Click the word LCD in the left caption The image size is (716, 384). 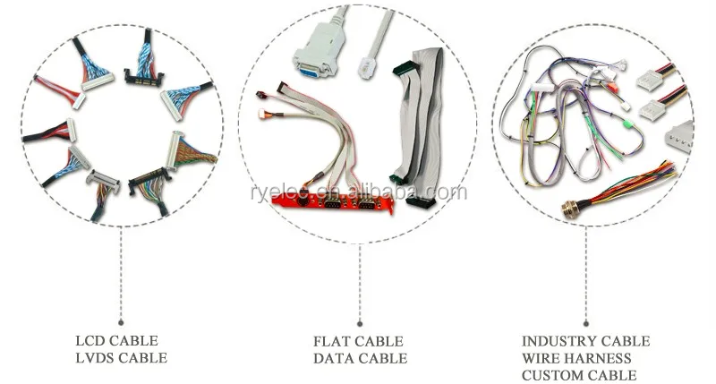pos(92,341)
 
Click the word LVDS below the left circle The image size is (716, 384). pos(96,358)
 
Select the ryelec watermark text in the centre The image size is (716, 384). pos(358,192)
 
